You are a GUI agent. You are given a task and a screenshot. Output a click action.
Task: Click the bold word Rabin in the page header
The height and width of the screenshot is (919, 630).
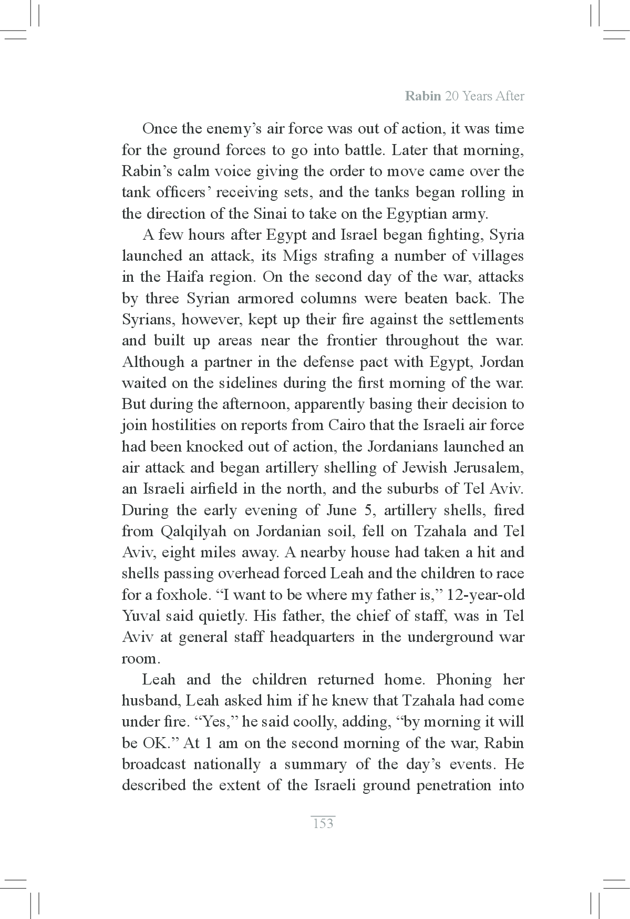click(423, 97)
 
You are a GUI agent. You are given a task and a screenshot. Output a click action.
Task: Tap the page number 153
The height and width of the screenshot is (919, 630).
click(323, 823)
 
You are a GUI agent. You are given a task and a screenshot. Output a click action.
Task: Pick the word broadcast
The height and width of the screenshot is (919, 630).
click(152, 764)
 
